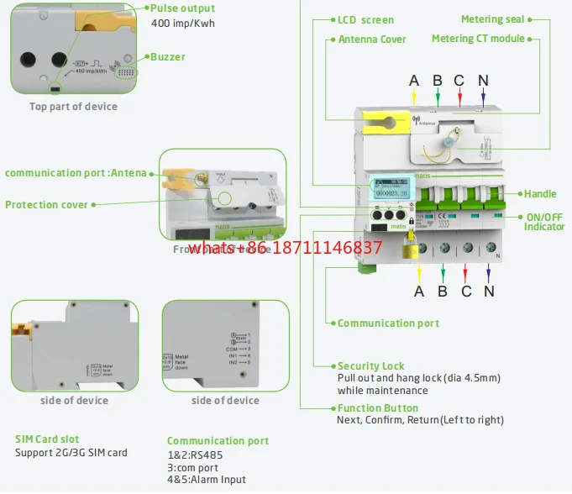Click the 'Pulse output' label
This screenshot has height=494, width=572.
[182, 8]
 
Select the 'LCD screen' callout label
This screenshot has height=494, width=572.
[365, 19]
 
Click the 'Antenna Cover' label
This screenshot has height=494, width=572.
[372, 39]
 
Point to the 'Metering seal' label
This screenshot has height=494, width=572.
[493, 19]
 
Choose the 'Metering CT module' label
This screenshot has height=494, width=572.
[478, 39]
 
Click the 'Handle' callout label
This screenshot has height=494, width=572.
[541, 194]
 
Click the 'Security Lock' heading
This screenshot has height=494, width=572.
[370, 366]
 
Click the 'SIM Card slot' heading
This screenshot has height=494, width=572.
[47, 439]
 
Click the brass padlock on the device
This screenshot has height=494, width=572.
[411, 250]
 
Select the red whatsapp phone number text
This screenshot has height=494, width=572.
[285, 249]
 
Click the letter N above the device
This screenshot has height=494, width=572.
[483, 81]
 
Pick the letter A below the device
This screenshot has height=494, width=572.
[419, 291]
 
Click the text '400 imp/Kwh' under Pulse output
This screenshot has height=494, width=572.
[183, 24]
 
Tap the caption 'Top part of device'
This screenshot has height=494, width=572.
[73, 107]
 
